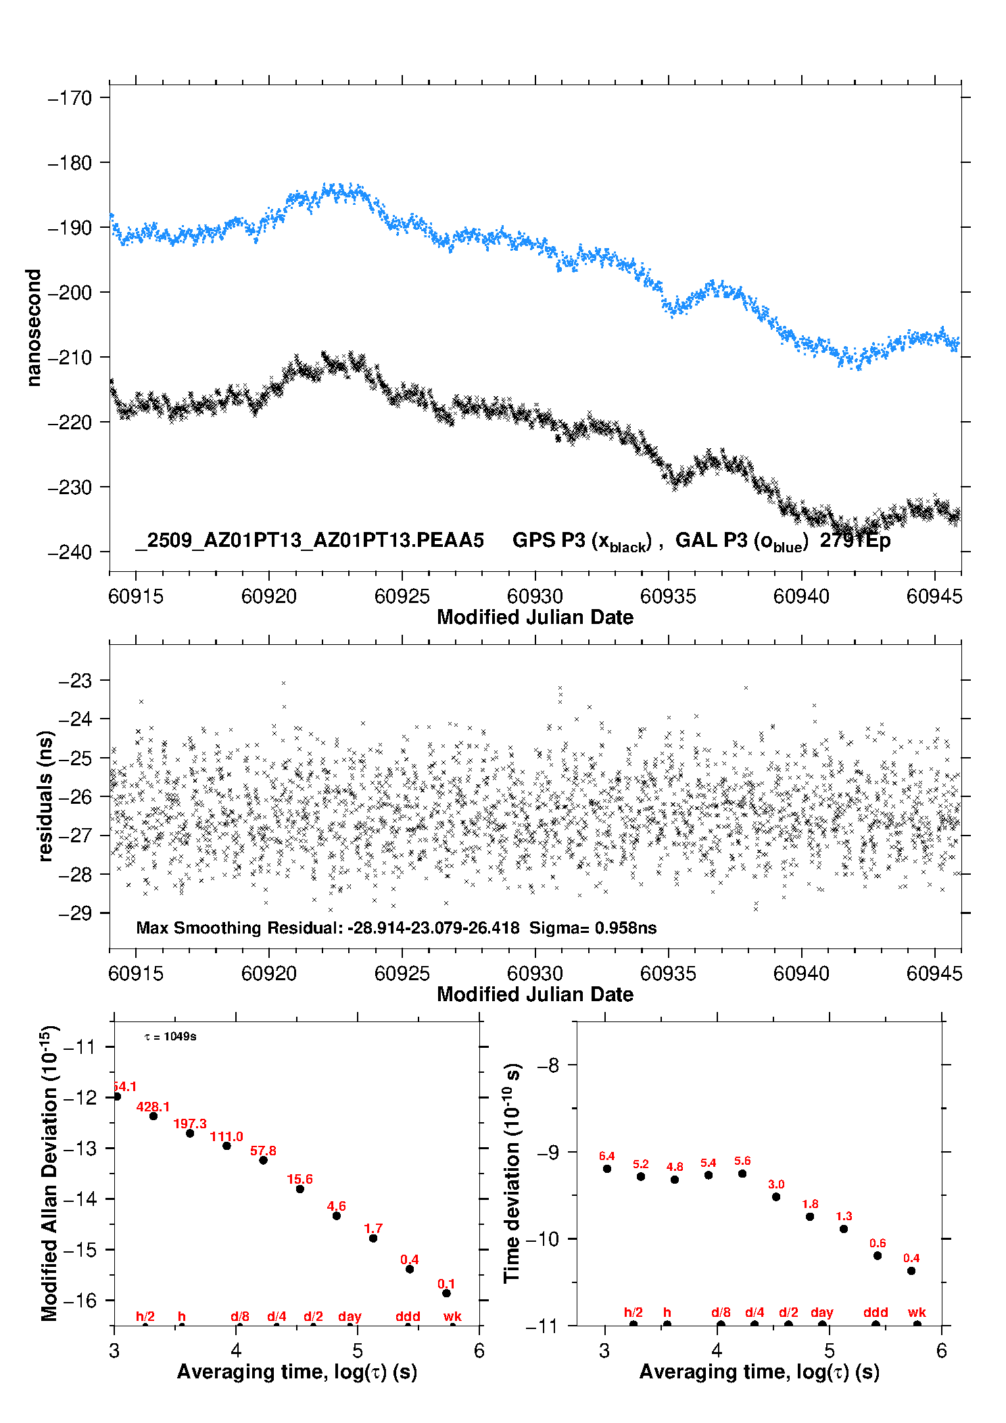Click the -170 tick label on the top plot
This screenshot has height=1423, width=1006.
pyautogui.click(x=70, y=98)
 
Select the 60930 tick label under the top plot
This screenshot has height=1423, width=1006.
pyautogui.click(x=535, y=596)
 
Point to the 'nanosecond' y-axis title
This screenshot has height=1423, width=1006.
pyautogui.click(x=34, y=327)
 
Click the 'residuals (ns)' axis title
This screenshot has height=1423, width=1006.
pyautogui.click(x=45, y=796)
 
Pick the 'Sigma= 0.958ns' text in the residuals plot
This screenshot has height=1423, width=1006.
pyautogui.click(x=592, y=928)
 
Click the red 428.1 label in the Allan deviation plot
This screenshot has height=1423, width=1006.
pyautogui.click(x=153, y=1107)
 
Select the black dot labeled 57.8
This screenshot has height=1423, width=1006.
pyautogui.click(x=263, y=1160)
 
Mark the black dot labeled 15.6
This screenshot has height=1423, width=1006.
pyautogui.click(x=300, y=1189)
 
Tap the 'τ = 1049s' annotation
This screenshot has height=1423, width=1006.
pyautogui.click(x=170, y=1037)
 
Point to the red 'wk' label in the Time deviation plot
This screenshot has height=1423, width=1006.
pyautogui.click(x=917, y=1312)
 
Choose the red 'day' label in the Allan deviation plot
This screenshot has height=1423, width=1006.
pyautogui.click(x=350, y=1316)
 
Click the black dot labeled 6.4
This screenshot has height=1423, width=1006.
pyautogui.click(x=607, y=1169)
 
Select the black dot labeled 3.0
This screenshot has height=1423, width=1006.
pyautogui.click(x=776, y=1197)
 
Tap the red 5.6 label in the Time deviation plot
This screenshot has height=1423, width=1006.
pyautogui.click(x=742, y=1161)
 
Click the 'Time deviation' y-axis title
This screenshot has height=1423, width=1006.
pyautogui.click(x=512, y=1173)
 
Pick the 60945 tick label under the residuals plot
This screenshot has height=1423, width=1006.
pyautogui.click(x=934, y=973)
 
